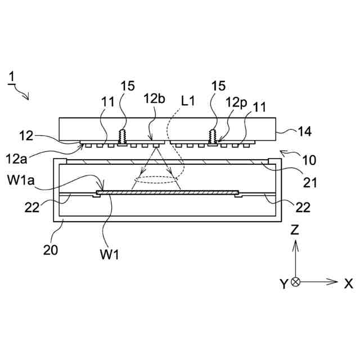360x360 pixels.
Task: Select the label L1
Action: [189, 101]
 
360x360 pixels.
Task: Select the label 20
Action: [51, 250]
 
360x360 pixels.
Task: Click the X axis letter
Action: [348, 283]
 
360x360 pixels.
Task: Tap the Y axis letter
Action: [284, 283]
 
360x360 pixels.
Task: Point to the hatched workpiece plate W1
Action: [169, 192]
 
